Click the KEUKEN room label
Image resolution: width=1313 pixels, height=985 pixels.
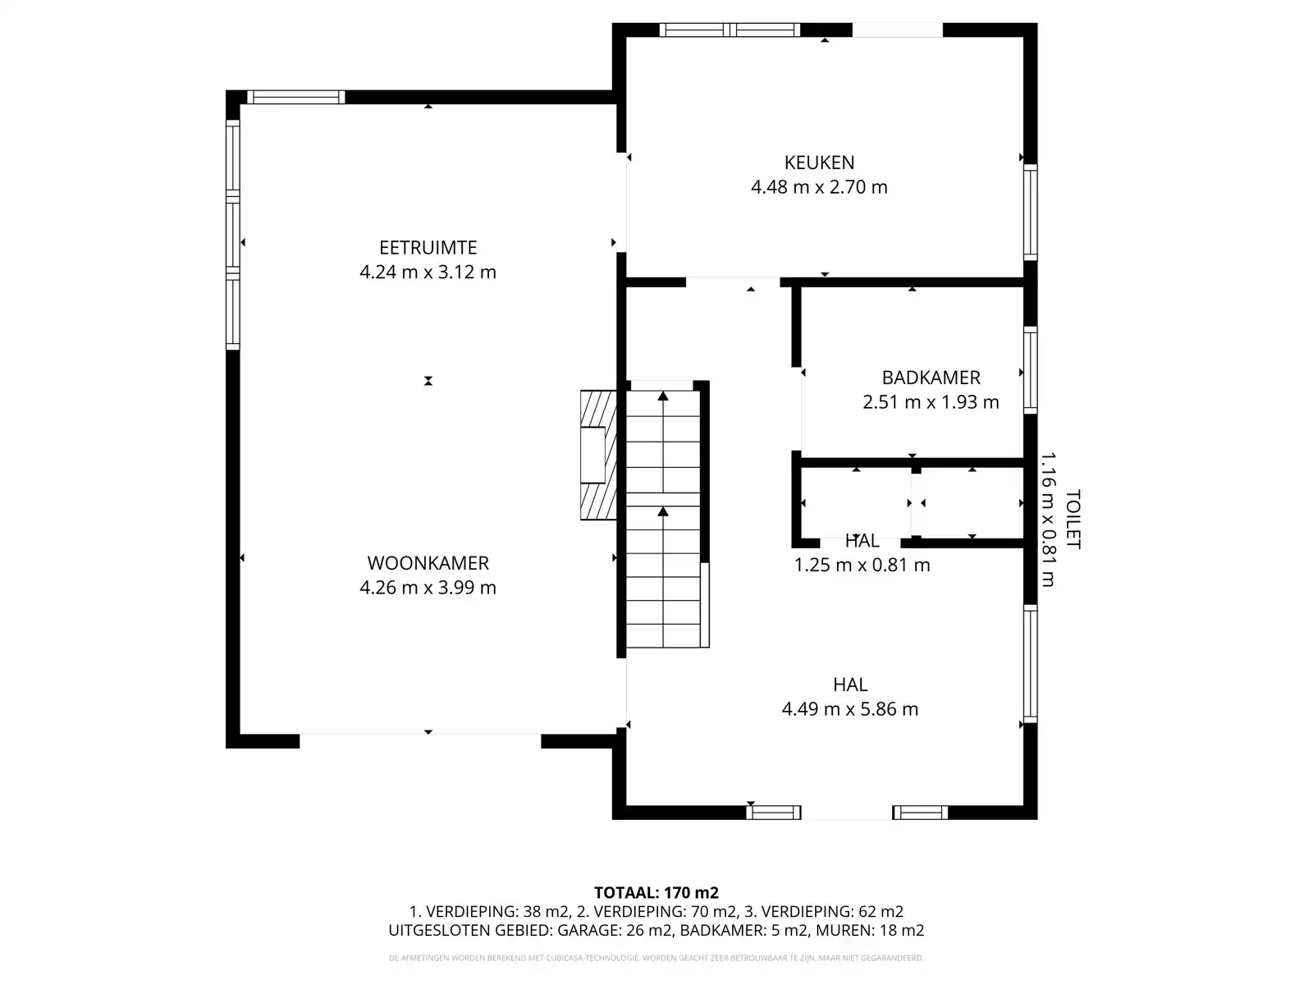click(x=819, y=163)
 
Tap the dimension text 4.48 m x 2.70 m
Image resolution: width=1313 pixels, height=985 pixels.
click(x=819, y=187)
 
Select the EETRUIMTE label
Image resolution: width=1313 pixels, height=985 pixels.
click(x=428, y=248)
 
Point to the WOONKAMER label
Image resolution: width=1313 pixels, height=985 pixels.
click(x=428, y=563)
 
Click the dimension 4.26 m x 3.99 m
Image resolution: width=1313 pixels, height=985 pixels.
click(x=428, y=588)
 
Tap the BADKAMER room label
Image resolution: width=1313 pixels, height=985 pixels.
click(x=931, y=378)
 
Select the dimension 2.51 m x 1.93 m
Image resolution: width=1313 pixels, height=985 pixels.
click(x=931, y=402)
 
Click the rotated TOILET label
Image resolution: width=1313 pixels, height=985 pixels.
click(x=1072, y=520)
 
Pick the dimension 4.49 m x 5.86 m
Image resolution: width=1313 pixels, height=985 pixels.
click(x=849, y=709)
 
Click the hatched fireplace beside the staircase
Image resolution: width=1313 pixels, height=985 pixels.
click(x=598, y=456)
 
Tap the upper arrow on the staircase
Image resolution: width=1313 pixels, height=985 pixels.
click(x=663, y=397)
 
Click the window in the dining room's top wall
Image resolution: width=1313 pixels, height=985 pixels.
click(x=295, y=97)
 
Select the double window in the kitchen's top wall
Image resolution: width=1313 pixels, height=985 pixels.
click(x=730, y=30)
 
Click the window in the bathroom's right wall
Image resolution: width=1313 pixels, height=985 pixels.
click(x=1030, y=369)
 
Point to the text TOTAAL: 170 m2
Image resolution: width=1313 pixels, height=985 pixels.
click(x=656, y=892)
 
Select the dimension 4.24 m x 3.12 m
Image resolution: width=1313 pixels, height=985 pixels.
click(x=428, y=273)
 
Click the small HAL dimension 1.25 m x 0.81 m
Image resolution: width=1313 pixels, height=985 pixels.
click(x=862, y=565)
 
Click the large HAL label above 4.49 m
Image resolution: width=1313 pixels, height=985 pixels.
click(x=849, y=685)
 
